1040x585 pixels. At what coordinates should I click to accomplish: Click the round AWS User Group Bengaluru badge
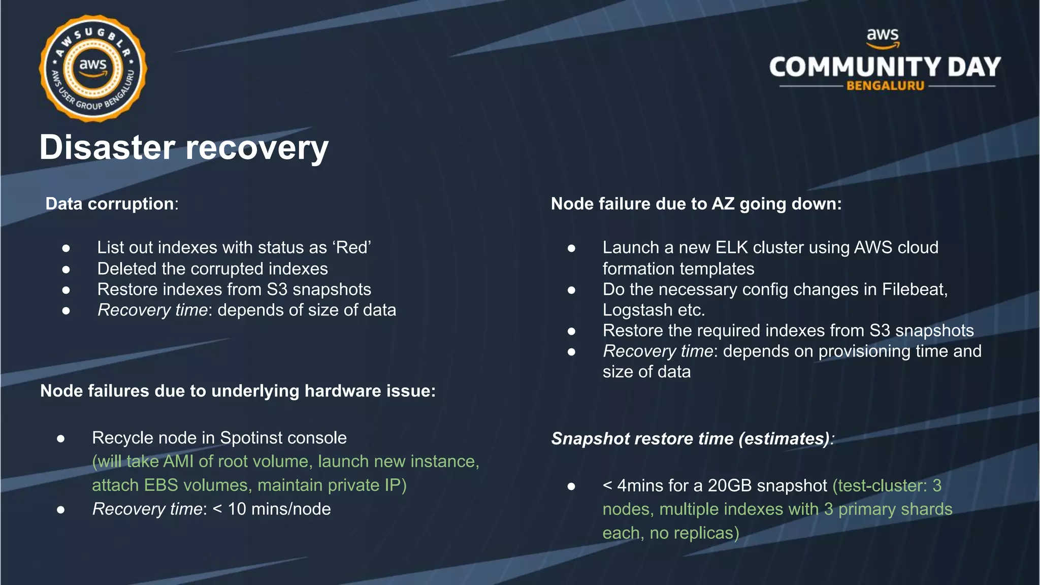pos(93,68)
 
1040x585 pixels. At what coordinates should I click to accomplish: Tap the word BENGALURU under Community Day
pos(885,86)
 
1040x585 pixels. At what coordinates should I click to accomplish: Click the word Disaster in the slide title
pos(108,148)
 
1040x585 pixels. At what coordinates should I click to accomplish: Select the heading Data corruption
pos(110,204)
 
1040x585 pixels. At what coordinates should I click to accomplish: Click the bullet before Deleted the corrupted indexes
pos(66,269)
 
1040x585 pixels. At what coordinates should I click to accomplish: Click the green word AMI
pos(178,461)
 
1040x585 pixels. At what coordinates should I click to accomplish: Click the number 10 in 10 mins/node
pos(237,509)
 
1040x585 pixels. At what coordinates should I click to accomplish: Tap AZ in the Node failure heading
pos(723,204)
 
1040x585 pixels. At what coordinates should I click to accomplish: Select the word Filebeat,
pos(915,289)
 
